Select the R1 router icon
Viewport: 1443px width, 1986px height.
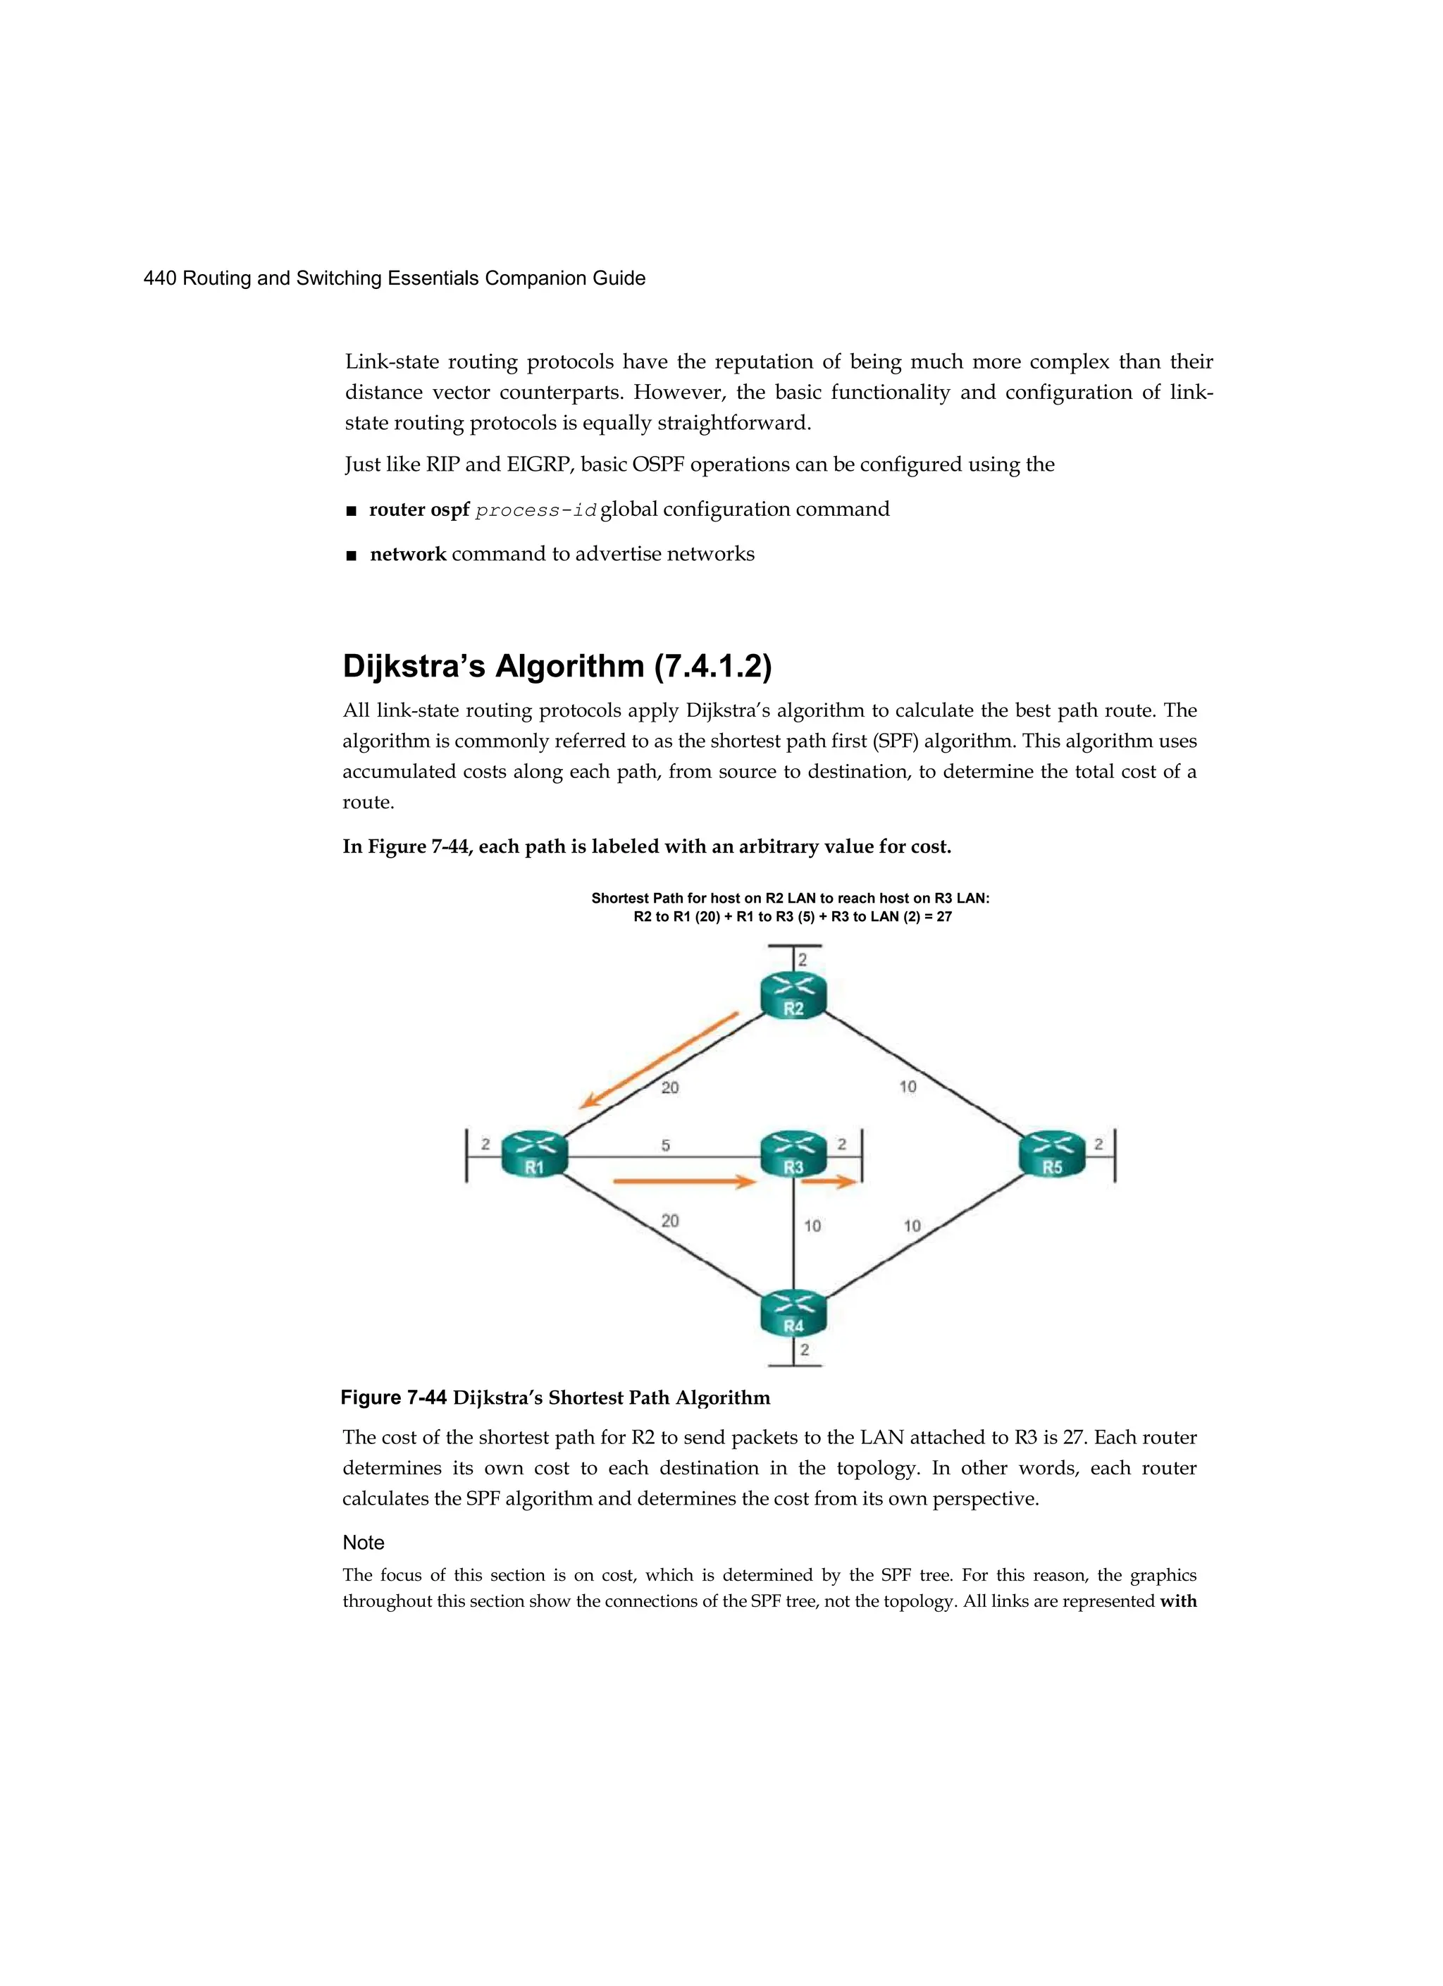[x=534, y=1154]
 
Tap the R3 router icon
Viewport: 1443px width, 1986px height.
[x=793, y=1154]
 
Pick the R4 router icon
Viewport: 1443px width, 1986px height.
[x=793, y=1313]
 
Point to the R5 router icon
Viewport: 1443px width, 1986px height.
[x=1052, y=1154]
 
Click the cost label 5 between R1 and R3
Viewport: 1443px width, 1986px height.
[x=665, y=1145]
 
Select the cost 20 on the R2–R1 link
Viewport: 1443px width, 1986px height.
[x=670, y=1087]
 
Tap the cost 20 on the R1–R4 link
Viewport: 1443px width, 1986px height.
[x=670, y=1221]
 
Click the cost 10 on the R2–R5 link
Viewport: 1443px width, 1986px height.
[x=908, y=1087]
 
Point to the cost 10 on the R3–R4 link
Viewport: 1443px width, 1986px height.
[x=812, y=1226]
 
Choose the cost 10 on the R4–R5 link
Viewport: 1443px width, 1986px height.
[x=912, y=1226]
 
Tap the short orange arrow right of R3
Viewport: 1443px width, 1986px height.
[x=829, y=1182]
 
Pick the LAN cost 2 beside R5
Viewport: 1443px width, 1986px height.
[x=1099, y=1145]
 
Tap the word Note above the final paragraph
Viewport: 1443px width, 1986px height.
[x=364, y=1542]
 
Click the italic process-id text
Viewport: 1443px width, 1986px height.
[x=535, y=510]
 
